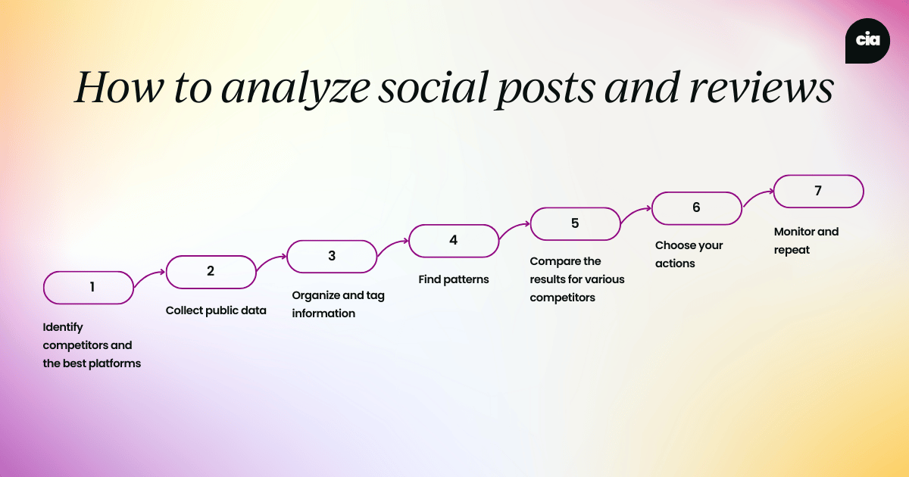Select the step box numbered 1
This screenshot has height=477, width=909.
(89, 288)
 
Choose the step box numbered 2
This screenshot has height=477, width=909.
(211, 271)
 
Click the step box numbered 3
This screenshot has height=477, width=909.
(332, 256)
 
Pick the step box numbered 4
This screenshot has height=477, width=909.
(453, 240)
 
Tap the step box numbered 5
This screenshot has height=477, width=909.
(575, 223)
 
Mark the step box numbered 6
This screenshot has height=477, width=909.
(696, 207)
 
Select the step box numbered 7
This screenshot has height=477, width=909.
(818, 192)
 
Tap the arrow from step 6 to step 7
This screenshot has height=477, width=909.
(757, 198)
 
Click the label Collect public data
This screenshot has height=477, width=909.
(216, 310)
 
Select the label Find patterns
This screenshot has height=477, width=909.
(454, 279)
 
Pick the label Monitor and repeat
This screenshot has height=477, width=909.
(806, 241)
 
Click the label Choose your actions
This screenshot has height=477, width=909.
(689, 254)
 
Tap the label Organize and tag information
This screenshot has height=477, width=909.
(338, 304)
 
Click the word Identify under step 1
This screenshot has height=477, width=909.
(63, 327)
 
